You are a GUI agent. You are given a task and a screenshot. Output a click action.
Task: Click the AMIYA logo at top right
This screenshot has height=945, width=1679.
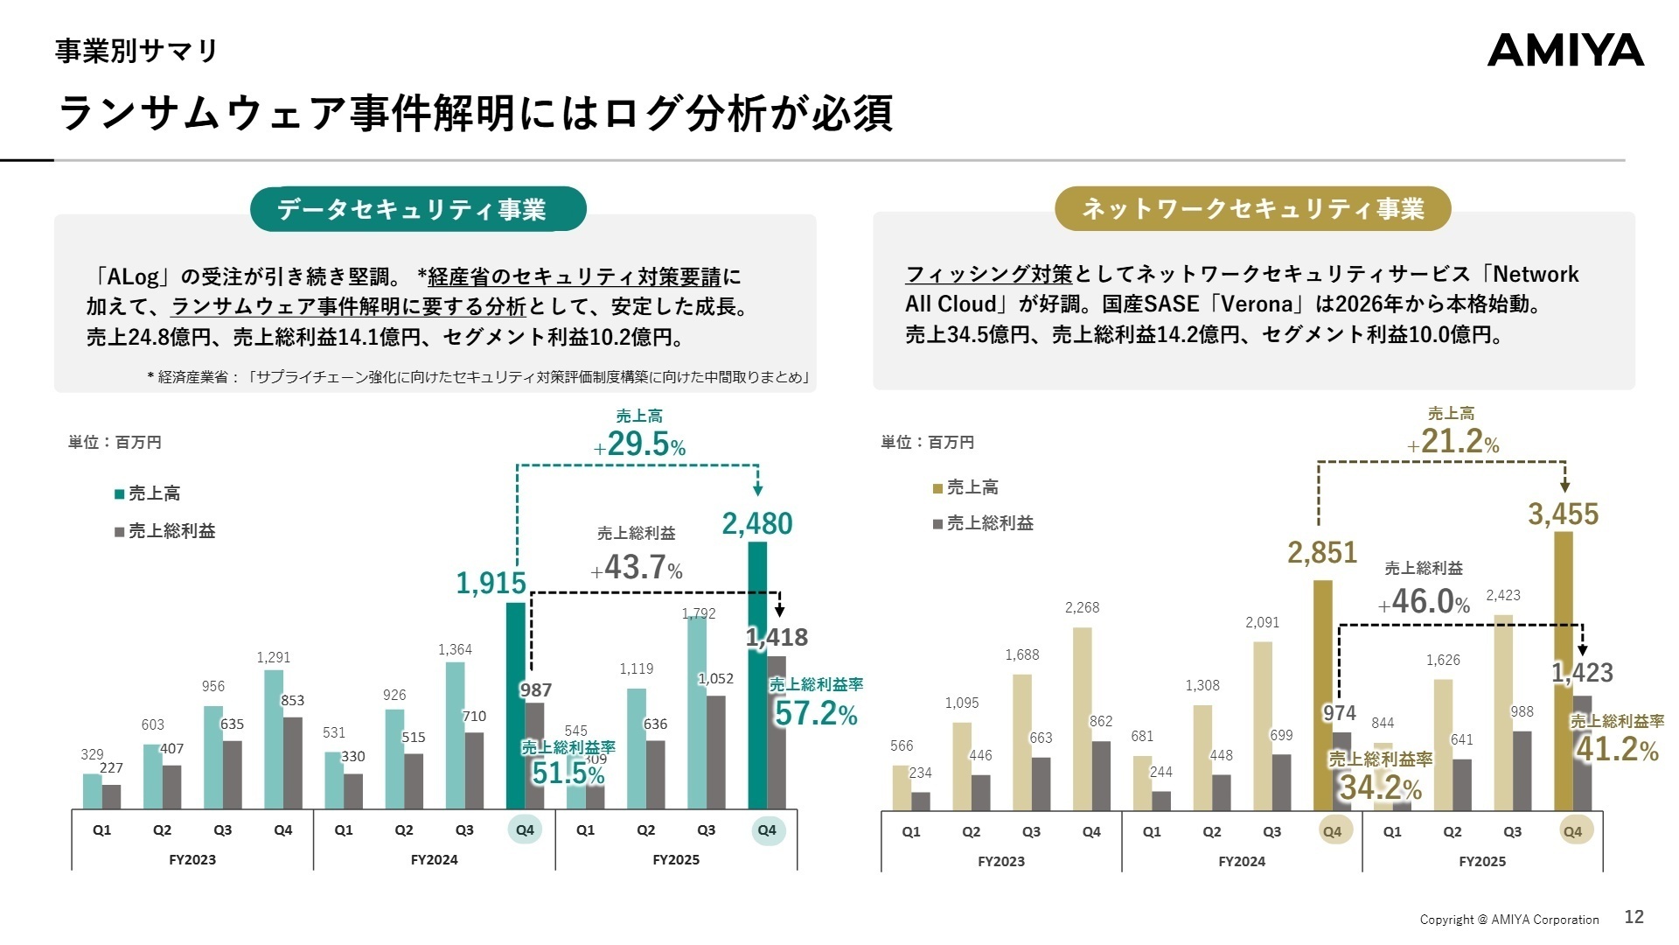1565,51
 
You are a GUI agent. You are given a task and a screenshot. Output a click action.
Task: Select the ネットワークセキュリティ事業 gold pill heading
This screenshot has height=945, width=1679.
1252,209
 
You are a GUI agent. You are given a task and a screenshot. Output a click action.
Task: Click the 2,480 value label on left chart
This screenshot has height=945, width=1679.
757,523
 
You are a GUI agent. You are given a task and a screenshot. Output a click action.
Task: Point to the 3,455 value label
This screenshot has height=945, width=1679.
1563,514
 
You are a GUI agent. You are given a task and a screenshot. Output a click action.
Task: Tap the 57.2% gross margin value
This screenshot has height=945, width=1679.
815,714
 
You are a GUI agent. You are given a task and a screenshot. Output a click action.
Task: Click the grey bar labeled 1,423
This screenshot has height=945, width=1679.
1582,752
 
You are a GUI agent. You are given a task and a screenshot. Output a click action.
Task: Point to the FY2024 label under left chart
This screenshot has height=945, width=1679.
434,859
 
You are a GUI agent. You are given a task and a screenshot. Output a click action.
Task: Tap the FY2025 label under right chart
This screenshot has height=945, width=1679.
1482,861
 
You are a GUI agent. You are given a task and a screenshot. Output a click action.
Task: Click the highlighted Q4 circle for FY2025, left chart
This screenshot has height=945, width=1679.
767,830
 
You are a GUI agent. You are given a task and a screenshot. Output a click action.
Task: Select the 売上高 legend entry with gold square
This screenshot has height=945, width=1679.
965,487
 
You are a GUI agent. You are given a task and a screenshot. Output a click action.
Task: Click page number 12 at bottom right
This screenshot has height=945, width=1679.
1634,917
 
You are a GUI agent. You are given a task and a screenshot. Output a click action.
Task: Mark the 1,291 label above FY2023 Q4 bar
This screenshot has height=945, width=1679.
273,657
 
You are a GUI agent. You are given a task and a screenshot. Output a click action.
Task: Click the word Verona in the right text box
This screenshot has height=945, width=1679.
1257,304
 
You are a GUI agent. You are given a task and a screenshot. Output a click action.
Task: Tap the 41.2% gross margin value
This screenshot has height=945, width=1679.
1617,750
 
